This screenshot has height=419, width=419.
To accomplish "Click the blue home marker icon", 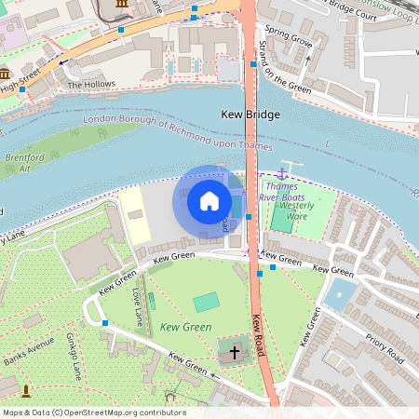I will [209, 200].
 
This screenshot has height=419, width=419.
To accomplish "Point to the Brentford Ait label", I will [18, 161].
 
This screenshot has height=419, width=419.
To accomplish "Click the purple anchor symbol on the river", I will [282, 173].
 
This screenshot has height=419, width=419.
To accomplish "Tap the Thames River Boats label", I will [282, 192].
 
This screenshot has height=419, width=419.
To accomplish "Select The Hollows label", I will [91, 84].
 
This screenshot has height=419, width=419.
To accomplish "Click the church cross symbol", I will [234, 353].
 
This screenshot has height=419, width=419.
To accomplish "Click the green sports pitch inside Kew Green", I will [207, 302].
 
